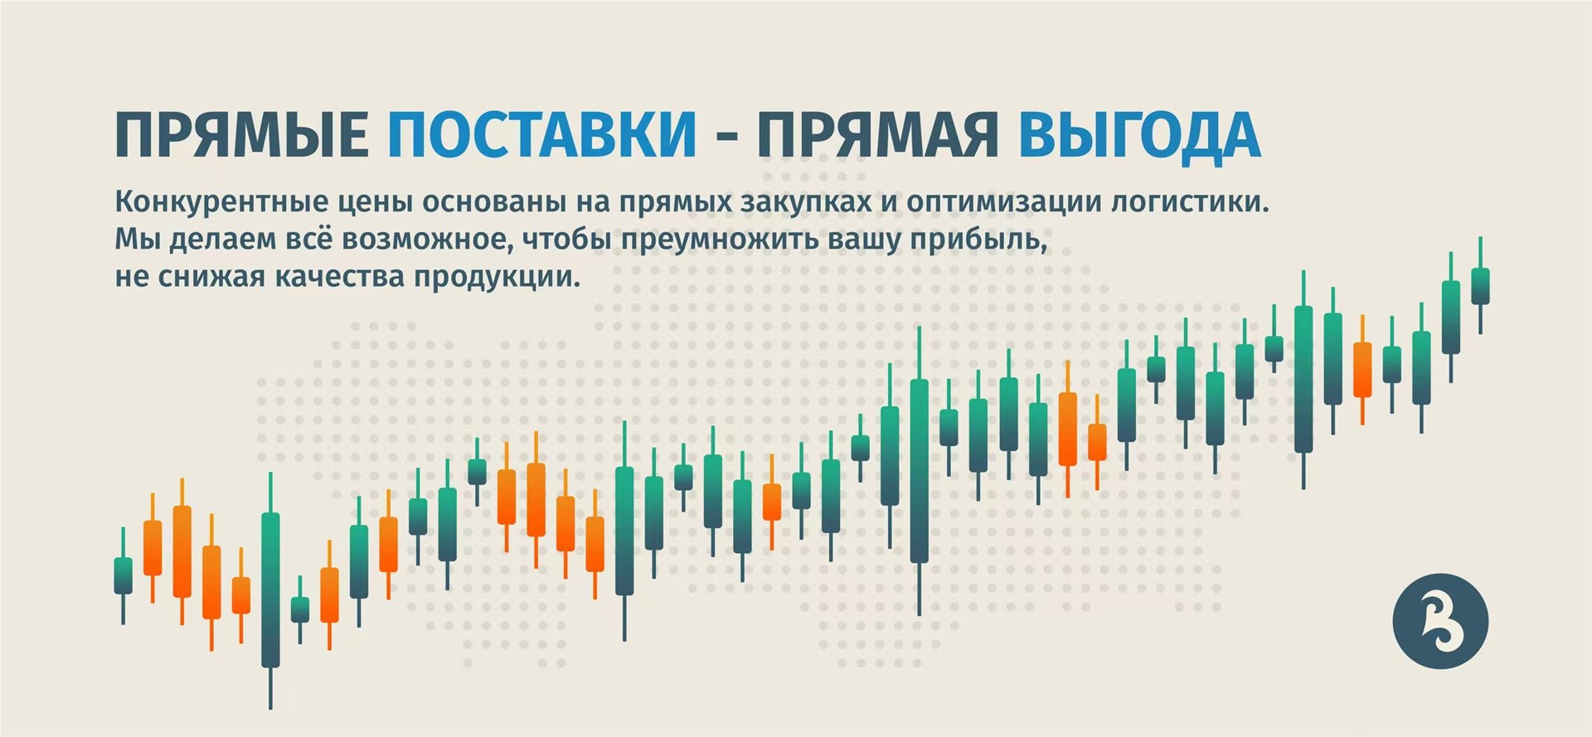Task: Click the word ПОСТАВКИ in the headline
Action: point(542,134)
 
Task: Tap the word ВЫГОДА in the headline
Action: point(1140,134)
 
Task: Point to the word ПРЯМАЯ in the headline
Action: point(877,134)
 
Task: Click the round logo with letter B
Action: point(1440,621)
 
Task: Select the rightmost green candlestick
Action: point(1480,285)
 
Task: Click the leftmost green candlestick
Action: point(123,575)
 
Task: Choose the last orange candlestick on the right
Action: point(1361,370)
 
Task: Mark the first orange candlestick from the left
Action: point(153,548)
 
